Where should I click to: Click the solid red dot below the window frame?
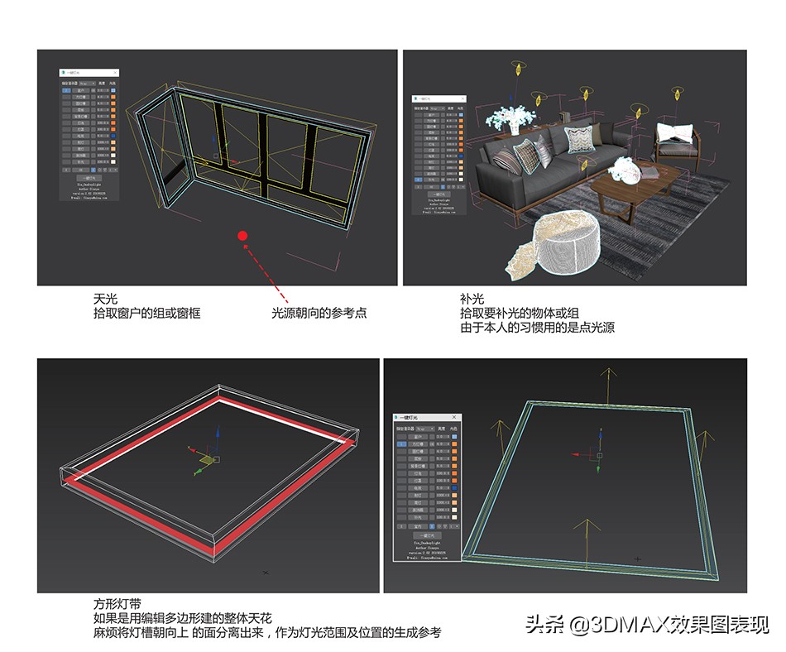242,237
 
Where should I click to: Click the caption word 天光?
105,299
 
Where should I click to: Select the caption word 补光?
472,299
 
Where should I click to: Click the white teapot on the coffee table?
625,171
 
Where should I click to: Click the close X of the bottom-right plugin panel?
453,417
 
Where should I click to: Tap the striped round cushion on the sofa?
505,160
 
